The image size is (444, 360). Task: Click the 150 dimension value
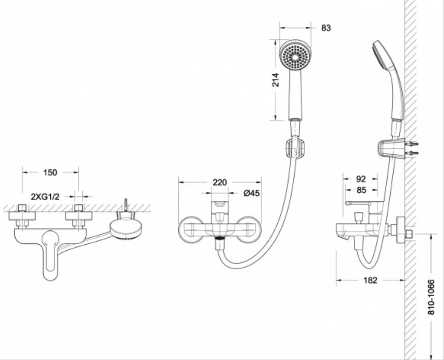coord(50,172)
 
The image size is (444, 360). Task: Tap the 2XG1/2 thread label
coord(45,197)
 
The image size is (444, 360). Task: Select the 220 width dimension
coord(220,183)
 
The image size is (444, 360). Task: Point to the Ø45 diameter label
coord(251,193)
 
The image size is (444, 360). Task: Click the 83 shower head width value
coord(326,28)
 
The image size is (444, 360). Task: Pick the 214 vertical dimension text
coord(275,80)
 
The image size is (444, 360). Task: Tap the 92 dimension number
coord(361,179)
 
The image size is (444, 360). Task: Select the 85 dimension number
coord(361,190)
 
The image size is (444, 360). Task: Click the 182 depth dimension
coord(370,280)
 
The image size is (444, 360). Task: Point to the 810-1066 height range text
coord(431,297)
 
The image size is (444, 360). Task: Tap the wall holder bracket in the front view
coord(295,148)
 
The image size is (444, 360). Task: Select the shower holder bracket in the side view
coord(391,149)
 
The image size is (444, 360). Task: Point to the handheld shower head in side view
coord(389,79)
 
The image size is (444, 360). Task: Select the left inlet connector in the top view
coord(22,216)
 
